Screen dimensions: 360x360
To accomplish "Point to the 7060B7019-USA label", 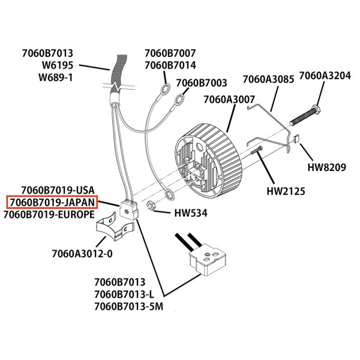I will [x=58, y=191].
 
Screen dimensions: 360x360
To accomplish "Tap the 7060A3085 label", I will [x=268, y=79].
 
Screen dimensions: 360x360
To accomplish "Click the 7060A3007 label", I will [x=230, y=99].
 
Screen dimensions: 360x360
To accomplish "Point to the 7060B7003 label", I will [x=201, y=82].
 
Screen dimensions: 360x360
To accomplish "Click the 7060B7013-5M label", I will [x=128, y=307].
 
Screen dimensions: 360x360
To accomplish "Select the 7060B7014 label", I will [x=170, y=65].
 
